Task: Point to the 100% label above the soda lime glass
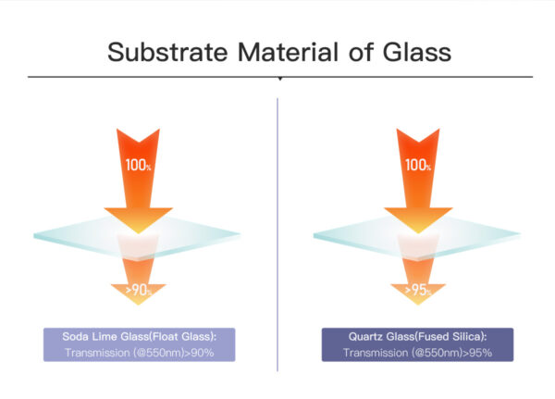pyautogui.click(x=137, y=166)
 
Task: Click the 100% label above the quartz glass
pyautogui.click(x=418, y=166)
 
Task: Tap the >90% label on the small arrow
pyautogui.click(x=138, y=291)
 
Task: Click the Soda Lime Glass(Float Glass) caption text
pyautogui.click(x=138, y=337)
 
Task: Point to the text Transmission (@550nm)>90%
pyautogui.click(x=138, y=352)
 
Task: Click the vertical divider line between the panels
pyautogui.click(x=278, y=231)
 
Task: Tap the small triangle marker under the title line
pyautogui.click(x=278, y=81)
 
